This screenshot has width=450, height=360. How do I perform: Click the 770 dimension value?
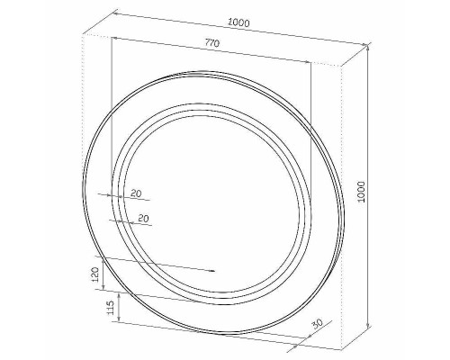212,43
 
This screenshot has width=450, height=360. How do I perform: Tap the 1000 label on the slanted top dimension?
238,22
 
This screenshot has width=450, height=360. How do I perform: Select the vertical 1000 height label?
362,192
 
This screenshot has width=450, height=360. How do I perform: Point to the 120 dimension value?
94,274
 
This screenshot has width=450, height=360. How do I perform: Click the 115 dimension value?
111,308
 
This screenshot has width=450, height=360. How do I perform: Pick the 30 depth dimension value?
317,324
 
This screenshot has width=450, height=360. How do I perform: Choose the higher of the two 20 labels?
136,193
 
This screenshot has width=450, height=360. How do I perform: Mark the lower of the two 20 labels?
143,218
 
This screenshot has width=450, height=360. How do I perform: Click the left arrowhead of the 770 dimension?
114,38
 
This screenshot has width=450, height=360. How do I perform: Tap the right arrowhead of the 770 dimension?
308,62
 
